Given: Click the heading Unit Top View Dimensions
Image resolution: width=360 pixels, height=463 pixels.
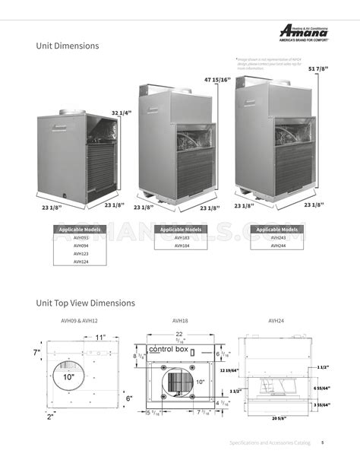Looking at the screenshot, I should [x=86, y=303].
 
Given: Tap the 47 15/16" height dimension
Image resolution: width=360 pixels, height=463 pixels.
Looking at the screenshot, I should [x=217, y=79].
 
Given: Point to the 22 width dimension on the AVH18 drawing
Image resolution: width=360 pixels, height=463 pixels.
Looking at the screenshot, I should [x=179, y=335].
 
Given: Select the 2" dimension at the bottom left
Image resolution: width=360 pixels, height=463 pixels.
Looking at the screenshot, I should [x=50, y=417].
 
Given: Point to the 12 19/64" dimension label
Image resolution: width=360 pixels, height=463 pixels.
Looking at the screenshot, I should [x=229, y=370].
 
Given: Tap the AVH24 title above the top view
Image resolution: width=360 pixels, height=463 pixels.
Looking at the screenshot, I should [x=276, y=321].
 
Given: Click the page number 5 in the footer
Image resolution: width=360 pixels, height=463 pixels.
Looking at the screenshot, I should [x=322, y=442].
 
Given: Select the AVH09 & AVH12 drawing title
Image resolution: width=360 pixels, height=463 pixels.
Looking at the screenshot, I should [x=79, y=321].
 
